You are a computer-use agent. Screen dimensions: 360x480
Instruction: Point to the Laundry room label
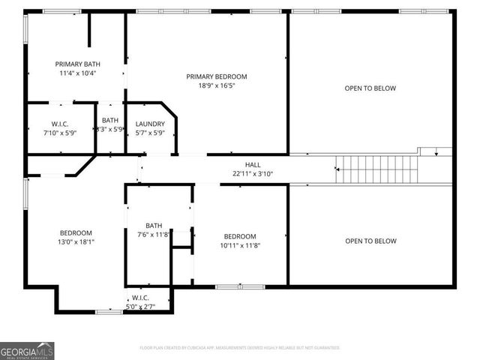click(x=150, y=124)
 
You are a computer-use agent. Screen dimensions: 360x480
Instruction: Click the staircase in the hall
click(x=375, y=169)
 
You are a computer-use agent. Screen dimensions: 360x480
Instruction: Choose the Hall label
click(x=253, y=164)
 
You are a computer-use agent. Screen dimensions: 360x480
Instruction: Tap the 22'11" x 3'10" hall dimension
click(x=253, y=173)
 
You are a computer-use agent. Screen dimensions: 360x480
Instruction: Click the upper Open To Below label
click(x=370, y=88)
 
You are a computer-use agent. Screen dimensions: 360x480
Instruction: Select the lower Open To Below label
click(x=370, y=241)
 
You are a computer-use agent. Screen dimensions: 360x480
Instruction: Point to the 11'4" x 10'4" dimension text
click(x=76, y=73)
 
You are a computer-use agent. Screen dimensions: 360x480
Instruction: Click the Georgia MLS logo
click(x=27, y=350)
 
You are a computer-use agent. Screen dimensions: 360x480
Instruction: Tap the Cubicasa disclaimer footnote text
click(x=240, y=348)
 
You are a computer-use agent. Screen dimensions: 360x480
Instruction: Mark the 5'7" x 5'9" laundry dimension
click(x=150, y=133)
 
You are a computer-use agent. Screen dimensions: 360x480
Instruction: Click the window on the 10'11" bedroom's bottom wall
click(x=240, y=286)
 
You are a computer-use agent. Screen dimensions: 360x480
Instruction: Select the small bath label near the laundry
click(x=110, y=120)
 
